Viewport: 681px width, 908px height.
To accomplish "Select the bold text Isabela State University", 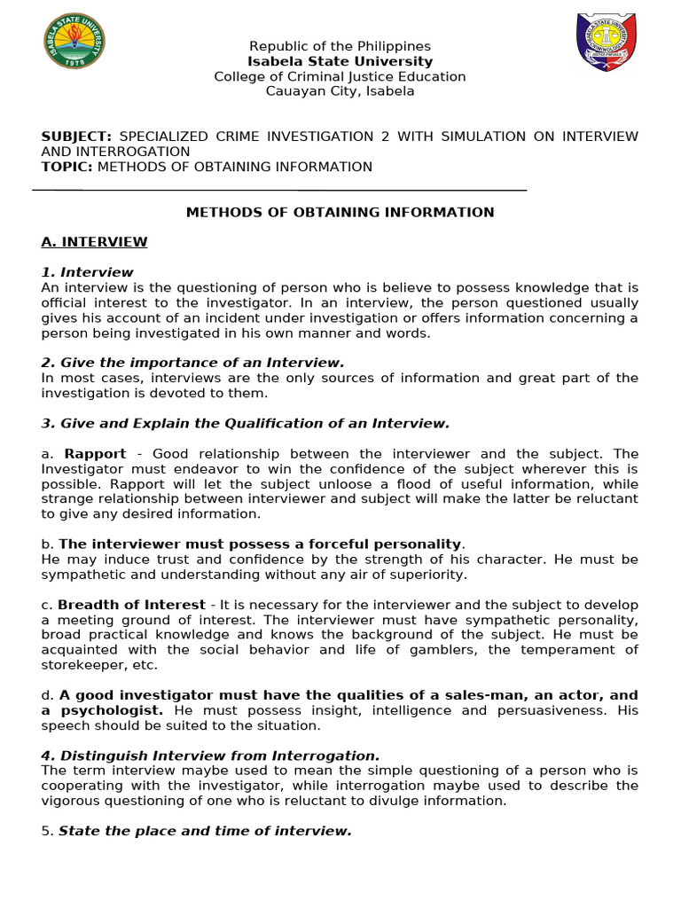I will (x=340, y=61).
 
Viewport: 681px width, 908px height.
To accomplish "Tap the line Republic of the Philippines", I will (x=340, y=46).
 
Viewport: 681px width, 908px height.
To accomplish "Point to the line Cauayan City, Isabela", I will (x=340, y=91).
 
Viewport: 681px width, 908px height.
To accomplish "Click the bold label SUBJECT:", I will (x=76, y=137).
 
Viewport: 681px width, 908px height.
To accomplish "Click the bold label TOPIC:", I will (x=67, y=167).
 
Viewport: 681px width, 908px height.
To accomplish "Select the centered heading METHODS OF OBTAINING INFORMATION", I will (x=340, y=212).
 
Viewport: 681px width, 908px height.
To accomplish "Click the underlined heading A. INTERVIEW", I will (x=94, y=242).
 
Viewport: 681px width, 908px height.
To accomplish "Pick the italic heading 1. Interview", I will (x=87, y=272).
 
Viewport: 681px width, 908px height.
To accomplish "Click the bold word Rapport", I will (x=96, y=453).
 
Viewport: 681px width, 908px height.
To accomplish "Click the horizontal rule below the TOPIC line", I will (x=279, y=190).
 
